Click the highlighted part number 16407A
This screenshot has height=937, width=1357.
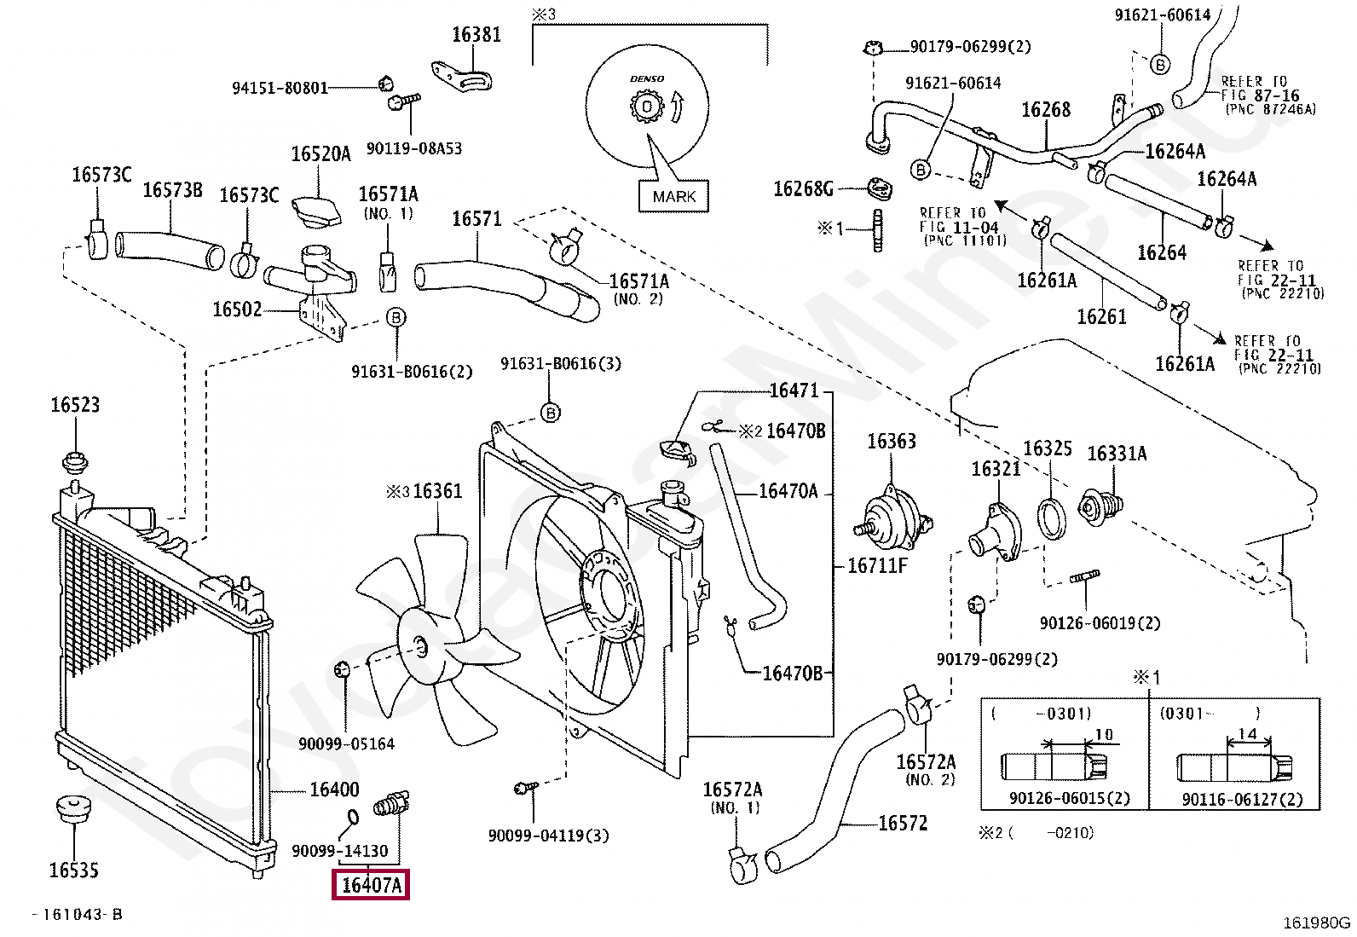371,885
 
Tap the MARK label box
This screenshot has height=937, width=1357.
674,196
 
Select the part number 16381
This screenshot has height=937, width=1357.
476,35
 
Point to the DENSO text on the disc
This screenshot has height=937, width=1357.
647,78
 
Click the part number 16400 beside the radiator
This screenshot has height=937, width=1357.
334,790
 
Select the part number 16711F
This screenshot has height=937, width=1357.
878,566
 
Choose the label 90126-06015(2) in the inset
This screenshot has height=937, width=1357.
1069,799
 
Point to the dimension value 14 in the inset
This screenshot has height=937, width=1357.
1248,734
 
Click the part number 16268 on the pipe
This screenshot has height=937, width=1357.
1046,110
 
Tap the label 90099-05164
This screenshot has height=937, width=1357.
346,744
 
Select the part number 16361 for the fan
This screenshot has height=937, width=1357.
437,491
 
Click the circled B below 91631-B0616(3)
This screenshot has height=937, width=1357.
551,414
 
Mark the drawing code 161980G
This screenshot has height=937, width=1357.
1317,923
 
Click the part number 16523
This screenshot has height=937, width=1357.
75,405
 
